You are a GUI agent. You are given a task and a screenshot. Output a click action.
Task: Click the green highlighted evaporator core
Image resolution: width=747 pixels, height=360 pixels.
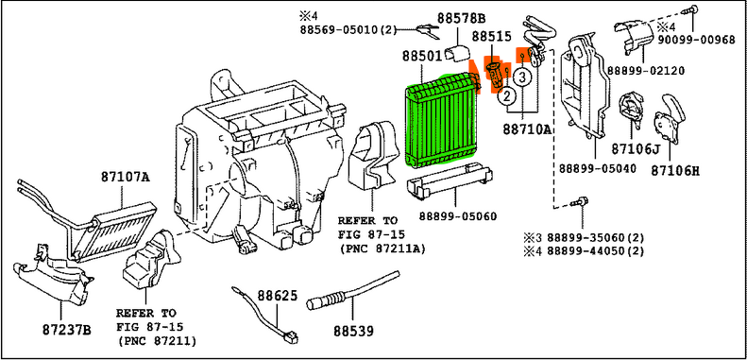[x=440, y=121]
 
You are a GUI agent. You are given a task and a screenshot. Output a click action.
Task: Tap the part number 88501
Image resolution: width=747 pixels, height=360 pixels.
[x=422, y=57]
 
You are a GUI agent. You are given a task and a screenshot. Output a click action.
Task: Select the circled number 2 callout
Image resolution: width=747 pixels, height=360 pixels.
[x=507, y=96]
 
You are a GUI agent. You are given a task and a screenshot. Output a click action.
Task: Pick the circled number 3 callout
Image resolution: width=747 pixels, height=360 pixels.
[x=522, y=77]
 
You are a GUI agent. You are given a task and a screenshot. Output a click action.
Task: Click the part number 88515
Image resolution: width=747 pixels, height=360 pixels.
[x=492, y=37]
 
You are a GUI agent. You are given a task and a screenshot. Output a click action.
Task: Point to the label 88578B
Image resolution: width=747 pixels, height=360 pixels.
[x=461, y=19]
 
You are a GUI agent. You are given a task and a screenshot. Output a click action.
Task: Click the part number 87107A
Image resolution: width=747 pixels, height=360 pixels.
[x=126, y=178]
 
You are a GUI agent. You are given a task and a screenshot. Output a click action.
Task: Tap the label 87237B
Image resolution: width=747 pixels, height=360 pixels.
[x=66, y=330]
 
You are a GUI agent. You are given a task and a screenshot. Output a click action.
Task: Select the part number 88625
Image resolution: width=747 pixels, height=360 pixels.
[x=278, y=296]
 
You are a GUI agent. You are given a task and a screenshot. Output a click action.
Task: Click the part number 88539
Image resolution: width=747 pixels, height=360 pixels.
[x=353, y=330]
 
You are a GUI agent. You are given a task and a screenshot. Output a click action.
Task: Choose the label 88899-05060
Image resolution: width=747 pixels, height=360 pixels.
[x=458, y=216]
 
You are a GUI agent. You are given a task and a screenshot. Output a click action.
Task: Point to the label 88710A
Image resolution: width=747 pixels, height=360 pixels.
[x=526, y=129]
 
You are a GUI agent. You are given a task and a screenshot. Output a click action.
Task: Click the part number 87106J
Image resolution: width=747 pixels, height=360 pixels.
[x=636, y=149]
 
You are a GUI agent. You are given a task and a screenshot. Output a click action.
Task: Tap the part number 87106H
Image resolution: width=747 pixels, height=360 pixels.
[x=675, y=170]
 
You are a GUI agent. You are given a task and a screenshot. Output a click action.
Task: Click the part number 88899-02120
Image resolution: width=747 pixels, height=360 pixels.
[x=646, y=71]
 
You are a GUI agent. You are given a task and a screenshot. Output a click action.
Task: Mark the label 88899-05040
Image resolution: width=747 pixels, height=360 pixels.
[x=597, y=169]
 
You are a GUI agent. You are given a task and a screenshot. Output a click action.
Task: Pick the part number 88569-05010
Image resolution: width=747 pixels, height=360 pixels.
[x=341, y=30]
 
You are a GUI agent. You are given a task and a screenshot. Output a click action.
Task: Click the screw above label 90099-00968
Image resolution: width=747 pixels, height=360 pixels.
[x=692, y=10]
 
